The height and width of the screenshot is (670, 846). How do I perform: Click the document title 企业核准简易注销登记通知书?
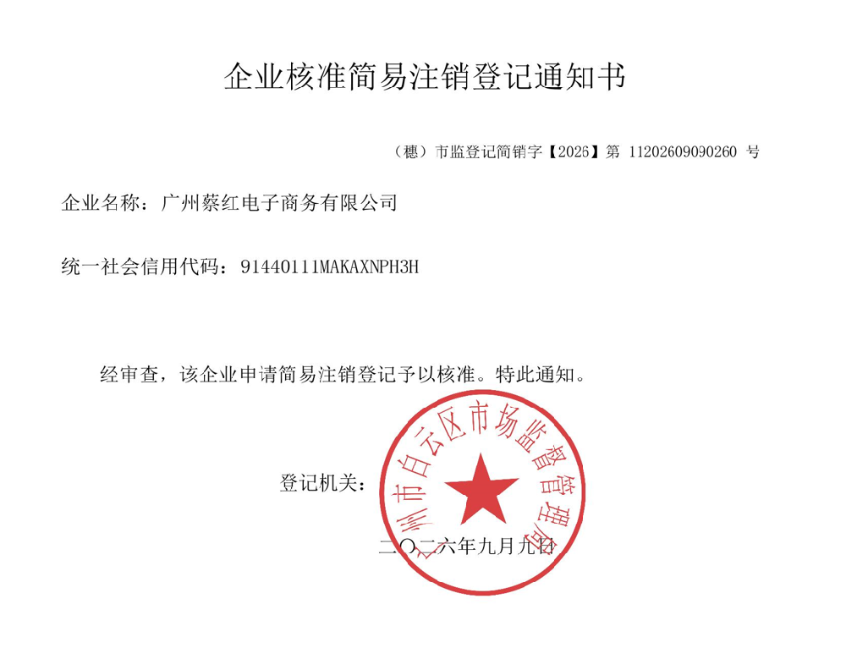click(x=425, y=76)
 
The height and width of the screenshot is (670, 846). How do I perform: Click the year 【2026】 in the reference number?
click(x=573, y=151)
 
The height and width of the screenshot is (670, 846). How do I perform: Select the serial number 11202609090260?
click(x=683, y=151)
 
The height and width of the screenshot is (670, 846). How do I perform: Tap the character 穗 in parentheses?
click(x=410, y=151)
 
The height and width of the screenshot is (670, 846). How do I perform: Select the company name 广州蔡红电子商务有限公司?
click(x=279, y=203)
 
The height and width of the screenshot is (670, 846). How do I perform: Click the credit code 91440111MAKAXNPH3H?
click(x=329, y=266)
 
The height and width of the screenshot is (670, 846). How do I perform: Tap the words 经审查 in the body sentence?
click(x=129, y=373)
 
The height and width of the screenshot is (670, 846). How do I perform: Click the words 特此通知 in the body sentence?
click(x=535, y=373)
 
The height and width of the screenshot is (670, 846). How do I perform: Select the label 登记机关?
click(x=319, y=483)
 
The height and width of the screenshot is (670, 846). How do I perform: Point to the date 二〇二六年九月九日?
click(x=467, y=546)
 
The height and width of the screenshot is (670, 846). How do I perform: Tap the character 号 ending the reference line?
click(x=753, y=151)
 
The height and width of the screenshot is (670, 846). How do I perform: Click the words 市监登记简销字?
click(x=488, y=151)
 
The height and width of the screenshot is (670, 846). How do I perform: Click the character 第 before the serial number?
click(x=613, y=151)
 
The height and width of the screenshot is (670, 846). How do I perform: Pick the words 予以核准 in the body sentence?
click(x=437, y=373)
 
